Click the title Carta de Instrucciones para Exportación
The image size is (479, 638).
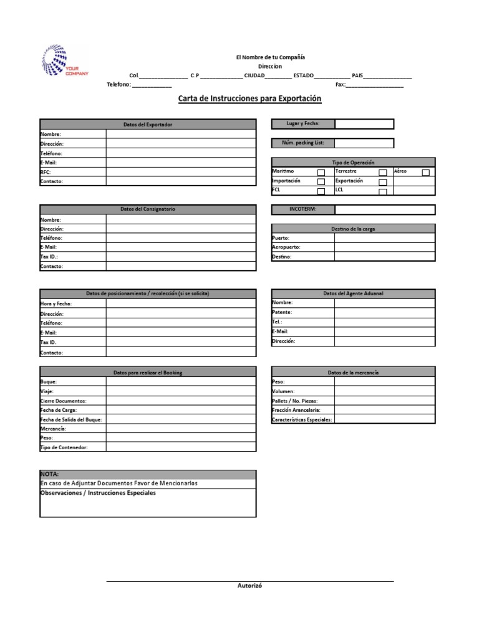pos(249,98)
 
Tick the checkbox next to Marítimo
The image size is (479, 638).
pos(321,173)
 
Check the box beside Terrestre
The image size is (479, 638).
pos(383,173)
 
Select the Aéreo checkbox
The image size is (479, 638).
pos(426,173)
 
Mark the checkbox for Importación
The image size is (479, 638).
pos(321,182)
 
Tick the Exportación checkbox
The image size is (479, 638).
pos(383,182)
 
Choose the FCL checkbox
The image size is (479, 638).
pos(321,191)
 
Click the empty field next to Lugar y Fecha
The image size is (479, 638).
pos(364,124)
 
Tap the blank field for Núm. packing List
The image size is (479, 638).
pos(364,143)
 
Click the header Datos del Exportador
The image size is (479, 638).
pos(148,125)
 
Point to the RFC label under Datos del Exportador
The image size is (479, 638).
pos(46,172)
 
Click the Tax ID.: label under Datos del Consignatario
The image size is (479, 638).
pos(49,257)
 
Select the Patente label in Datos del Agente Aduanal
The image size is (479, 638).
pos(282,312)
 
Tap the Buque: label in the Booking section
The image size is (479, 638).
pos(49,381)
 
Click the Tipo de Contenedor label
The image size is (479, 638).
pos(64,448)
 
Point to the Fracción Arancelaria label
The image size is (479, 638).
pos(296,411)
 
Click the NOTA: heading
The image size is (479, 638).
pos(50,474)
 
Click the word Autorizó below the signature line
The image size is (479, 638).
pos(249,586)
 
